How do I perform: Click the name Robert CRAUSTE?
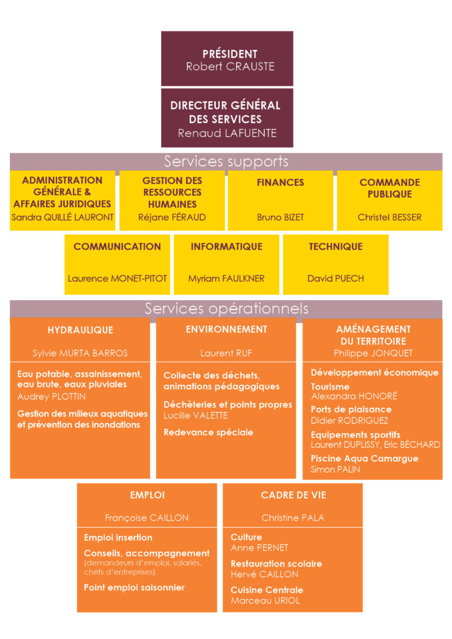230,66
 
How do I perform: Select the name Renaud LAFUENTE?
227,133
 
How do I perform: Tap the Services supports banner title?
226,162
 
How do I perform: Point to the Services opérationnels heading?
227,308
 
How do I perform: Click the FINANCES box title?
280,182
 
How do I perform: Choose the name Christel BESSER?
390,217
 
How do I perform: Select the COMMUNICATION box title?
117,247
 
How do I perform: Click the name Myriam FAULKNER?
226,279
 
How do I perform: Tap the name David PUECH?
335,279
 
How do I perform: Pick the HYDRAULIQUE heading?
80,330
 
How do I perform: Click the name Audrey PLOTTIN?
51,397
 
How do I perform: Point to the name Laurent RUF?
226,353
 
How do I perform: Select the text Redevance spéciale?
208,432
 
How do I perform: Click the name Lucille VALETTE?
195,415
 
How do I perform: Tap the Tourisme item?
330,387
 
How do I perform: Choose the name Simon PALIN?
335,470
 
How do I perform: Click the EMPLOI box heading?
147,495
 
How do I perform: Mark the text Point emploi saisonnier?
134,588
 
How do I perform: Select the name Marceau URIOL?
265,601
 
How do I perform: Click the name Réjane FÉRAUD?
172,217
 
